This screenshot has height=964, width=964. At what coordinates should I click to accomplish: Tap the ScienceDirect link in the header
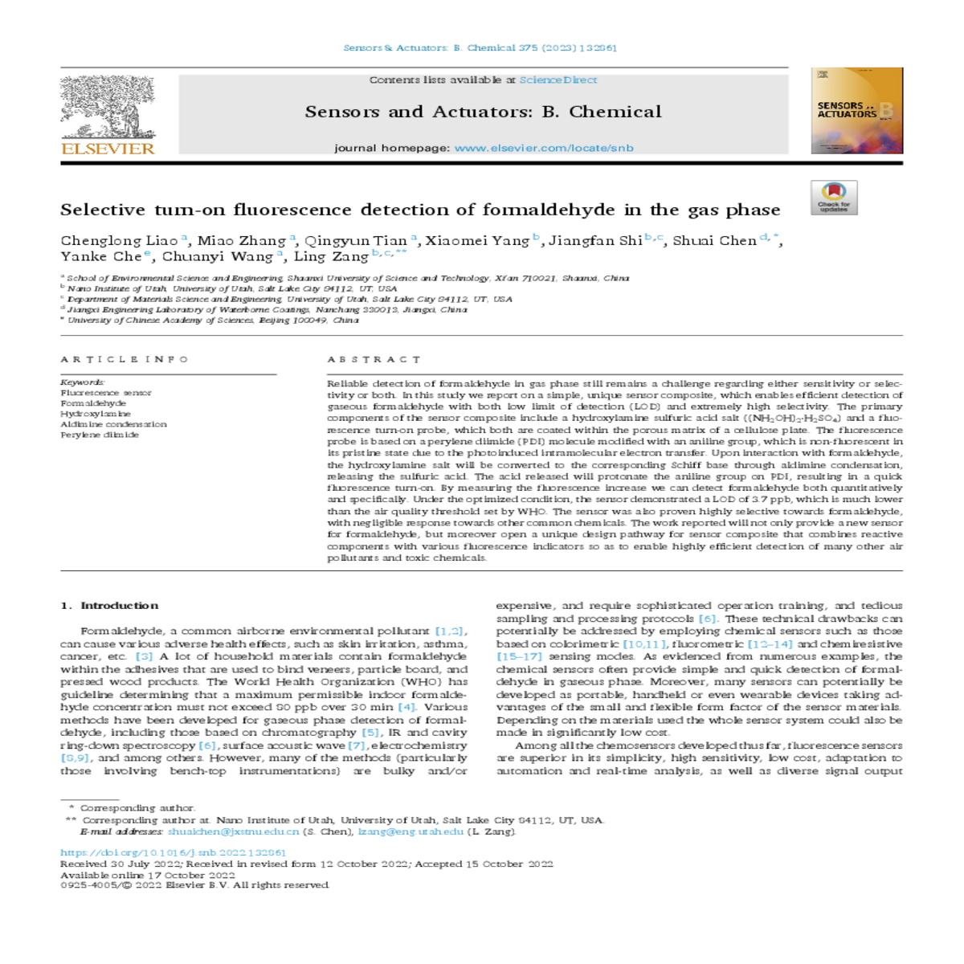(x=558, y=80)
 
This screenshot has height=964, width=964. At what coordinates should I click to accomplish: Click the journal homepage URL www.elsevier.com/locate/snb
(x=544, y=148)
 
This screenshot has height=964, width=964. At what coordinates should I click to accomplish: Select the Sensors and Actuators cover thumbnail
(x=856, y=111)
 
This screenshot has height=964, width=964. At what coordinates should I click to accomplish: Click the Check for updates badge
(x=834, y=198)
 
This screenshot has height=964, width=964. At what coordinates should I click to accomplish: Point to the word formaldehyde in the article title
(x=550, y=210)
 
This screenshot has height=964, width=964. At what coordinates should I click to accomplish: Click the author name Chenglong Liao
(x=119, y=241)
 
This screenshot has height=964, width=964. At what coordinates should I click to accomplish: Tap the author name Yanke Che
(x=100, y=257)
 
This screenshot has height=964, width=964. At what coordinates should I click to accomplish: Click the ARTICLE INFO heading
(x=125, y=359)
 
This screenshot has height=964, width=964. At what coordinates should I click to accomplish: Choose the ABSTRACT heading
(x=374, y=359)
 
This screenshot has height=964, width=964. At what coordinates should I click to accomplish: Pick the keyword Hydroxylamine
(x=96, y=414)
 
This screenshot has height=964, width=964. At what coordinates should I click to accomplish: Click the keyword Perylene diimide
(x=100, y=435)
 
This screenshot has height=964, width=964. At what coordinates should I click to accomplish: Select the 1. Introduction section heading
(x=109, y=606)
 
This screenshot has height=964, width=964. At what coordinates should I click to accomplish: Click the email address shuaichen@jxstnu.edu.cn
(x=233, y=831)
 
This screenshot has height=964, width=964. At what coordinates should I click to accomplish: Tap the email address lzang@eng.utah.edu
(x=411, y=831)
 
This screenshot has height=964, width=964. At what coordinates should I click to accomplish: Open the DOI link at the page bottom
(x=173, y=852)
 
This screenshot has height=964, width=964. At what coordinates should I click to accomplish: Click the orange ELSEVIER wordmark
(x=108, y=149)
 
